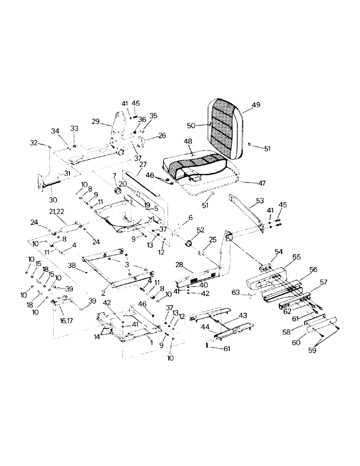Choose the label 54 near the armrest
point(278,251)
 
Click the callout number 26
point(162,136)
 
